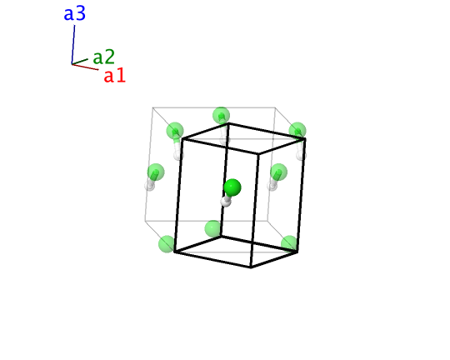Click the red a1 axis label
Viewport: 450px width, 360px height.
click(114, 76)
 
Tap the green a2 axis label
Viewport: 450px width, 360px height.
click(103, 57)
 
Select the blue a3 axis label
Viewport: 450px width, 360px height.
click(75, 13)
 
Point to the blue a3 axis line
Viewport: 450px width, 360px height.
click(73, 44)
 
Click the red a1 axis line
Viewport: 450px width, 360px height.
click(85, 67)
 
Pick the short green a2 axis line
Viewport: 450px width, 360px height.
click(80, 62)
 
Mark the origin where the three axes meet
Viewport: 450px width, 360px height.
click(72, 63)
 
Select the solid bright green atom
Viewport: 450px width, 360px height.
click(232, 187)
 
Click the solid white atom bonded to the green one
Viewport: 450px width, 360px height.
click(226, 202)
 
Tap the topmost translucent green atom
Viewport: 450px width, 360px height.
click(222, 115)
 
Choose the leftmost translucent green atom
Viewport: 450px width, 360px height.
click(156, 172)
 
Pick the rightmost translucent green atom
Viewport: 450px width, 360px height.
click(297, 131)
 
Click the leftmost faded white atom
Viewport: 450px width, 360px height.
click(149, 186)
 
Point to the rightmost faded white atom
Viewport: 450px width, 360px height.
click(301, 155)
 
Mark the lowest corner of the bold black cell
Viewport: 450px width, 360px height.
click(251, 267)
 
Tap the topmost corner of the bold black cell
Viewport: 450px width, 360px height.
click(228, 123)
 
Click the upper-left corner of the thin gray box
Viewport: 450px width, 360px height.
click(152, 107)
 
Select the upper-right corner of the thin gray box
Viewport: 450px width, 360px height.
click(275, 107)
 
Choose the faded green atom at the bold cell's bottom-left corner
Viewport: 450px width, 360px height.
click(167, 244)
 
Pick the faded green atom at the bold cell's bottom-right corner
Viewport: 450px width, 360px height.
click(289, 244)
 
